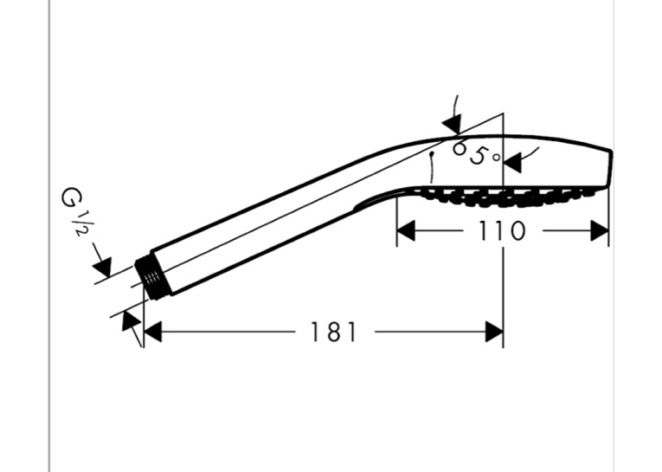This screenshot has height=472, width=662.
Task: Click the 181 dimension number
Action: point(333,332)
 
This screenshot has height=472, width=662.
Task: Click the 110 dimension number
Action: point(502,230)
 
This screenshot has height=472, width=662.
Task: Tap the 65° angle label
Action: point(476,153)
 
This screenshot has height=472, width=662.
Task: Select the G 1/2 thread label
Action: point(73,211)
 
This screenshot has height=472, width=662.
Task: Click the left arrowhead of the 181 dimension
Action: point(153,332)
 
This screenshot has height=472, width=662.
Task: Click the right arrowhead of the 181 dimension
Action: point(494,332)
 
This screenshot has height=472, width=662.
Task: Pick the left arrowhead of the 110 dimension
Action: point(406,230)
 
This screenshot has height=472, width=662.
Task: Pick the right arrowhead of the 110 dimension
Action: point(599,230)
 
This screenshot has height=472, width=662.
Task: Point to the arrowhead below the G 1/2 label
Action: point(103,266)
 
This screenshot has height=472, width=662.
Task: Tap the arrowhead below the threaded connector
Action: point(131,320)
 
